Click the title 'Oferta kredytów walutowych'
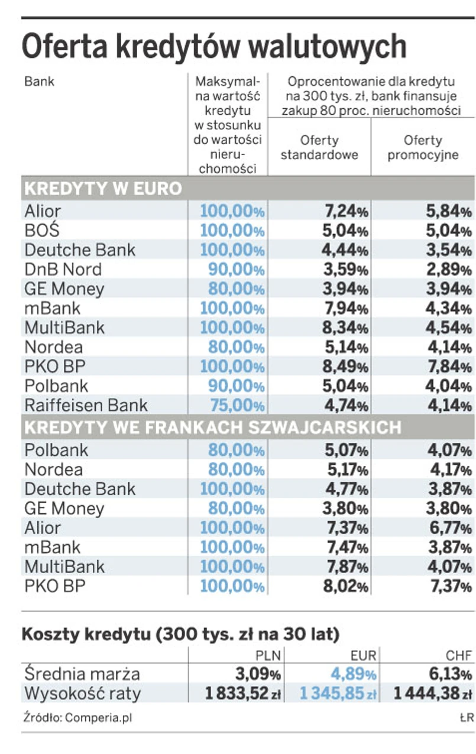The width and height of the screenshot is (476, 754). tap(214, 47)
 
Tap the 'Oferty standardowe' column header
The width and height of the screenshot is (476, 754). tap(319, 148)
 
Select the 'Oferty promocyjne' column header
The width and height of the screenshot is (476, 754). tap(423, 148)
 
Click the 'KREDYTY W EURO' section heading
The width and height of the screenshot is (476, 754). tap(103, 189)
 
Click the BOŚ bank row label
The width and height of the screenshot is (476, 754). tap(43, 229)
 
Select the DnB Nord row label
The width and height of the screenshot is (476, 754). tap(63, 269)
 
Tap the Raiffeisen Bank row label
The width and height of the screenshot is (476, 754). tap(86, 406)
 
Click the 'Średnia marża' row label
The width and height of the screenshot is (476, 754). tap(82, 674)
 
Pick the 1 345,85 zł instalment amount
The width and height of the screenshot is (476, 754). tap(338, 693)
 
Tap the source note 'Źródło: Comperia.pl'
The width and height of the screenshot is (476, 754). tap(77, 718)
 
